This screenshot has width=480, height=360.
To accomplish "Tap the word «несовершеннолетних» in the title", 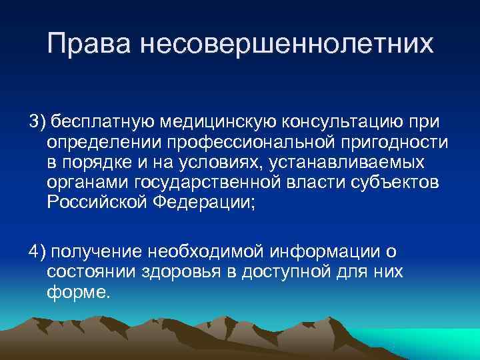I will point(286,45).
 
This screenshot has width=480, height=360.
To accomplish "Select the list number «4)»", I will point(37,251).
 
